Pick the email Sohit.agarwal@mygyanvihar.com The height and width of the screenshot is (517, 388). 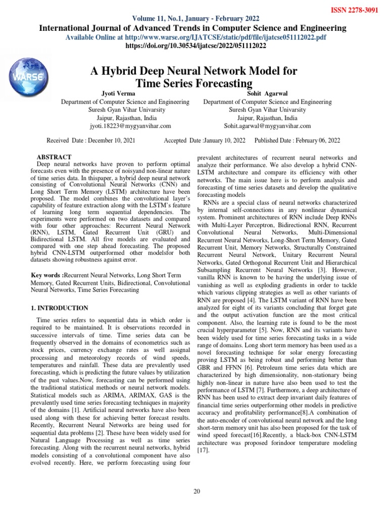click(x=267, y=126)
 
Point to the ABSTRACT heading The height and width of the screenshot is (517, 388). click(x=55, y=158)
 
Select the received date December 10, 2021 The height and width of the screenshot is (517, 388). click(x=110, y=140)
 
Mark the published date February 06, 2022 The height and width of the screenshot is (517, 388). click(x=314, y=140)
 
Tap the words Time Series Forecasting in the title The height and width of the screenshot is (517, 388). click(x=194, y=83)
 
